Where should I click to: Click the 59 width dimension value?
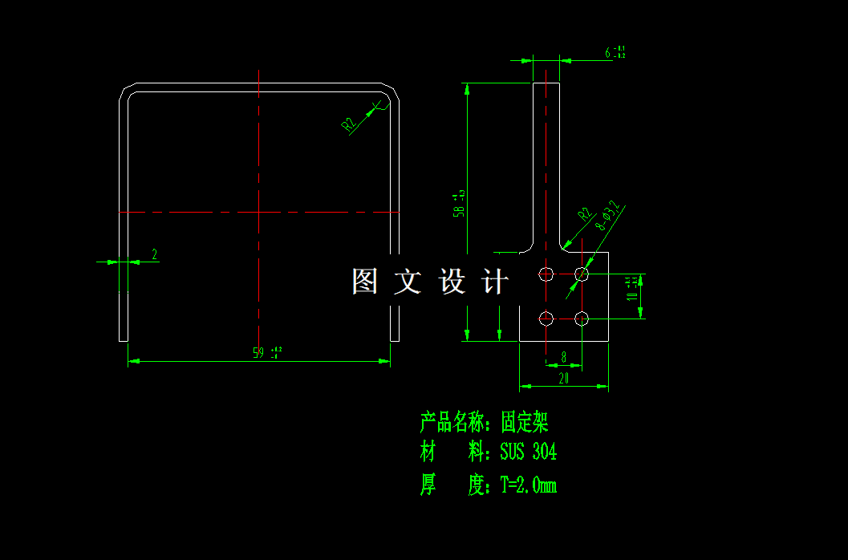click(x=259, y=352)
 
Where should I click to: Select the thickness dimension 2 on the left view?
click(x=155, y=254)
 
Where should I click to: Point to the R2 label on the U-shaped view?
click(x=348, y=124)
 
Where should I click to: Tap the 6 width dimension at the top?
click(x=609, y=53)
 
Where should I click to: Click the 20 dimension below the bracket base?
click(x=563, y=379)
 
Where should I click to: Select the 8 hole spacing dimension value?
click(x=564, y=355)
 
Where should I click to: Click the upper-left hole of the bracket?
click(x=546, y=274)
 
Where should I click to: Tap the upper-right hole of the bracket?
click(x=582, y=274)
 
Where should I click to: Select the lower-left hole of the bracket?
click(x=546, y=319)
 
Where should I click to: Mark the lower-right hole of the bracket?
click(x=582, y=319)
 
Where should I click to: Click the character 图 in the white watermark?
click(x=364, y=282)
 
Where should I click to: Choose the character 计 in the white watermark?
click(x=495, y=282)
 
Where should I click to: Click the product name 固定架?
click(x=524, y=422)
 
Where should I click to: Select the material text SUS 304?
click(x=528, y=452)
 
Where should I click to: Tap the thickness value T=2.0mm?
click(x=528, y=485)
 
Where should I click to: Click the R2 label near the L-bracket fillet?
click(x=584, y=214)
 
